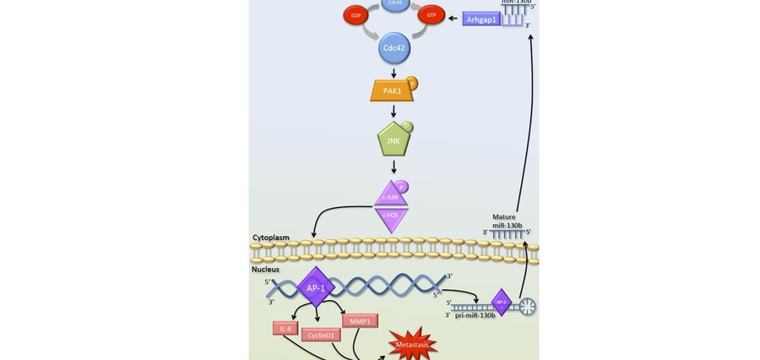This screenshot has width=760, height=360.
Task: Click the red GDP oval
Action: [x=355, y=15]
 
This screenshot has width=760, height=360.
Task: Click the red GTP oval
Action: [x=431, y=15]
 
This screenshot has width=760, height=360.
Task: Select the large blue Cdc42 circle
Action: [x=393, y=48]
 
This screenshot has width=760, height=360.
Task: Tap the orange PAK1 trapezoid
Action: [x=392, y=91]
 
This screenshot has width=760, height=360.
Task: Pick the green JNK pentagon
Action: [x=393, y=141]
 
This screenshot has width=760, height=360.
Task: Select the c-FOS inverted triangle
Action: [x=391, y=217]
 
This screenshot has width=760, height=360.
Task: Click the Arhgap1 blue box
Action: [x=481, y=20]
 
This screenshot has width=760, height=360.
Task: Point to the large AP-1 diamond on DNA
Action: [x=315, y=288]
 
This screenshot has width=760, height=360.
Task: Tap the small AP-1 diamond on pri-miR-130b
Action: [x=501, y=302]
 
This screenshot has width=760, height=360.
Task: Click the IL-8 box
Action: [x=285, y=329]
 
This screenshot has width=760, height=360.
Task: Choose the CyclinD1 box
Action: [x=321, y=335]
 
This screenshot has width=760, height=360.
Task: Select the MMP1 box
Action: [x=360, y=321]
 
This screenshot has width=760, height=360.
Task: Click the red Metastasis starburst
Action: [x=413, y=345]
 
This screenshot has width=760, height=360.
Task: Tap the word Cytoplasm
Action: [x=271, y=237]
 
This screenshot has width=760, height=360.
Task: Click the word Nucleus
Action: [x=265, y=269]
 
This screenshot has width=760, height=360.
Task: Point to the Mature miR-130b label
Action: [x=506, y=221]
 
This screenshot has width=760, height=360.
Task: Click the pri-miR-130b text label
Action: [x=475, y=315]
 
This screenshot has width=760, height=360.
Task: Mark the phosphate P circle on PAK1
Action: [x=412, y=84]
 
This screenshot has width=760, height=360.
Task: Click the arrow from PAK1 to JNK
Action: [x=393, y=111]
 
